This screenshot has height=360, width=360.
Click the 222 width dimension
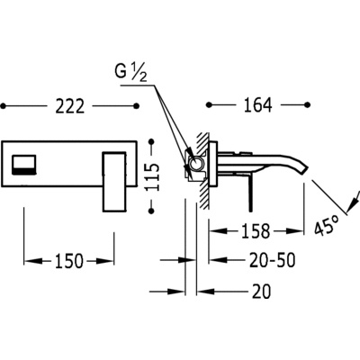click(x=69, y=106)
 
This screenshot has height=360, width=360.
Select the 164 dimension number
click(x=257, y=104)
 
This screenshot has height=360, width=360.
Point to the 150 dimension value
click(x=68, y=261)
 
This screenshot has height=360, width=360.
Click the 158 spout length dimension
click(x=255, y=230)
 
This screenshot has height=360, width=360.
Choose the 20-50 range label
click(x=273, y=260)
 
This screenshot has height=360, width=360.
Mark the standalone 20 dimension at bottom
click(x=261, y=291)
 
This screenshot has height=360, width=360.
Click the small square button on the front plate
click(x=24, y=165)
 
